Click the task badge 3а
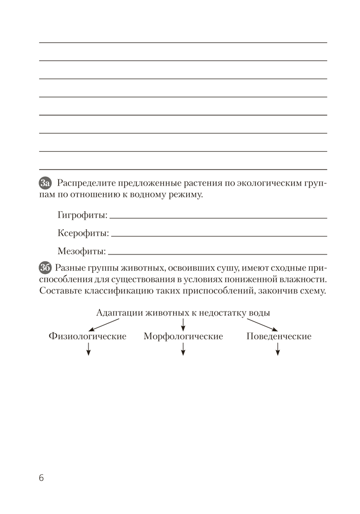[45, 183]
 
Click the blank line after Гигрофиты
[218, 217]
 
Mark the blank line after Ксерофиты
[219, 235]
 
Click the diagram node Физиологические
[88, 337]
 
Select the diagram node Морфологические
[183, 337]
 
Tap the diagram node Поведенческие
[279, 337]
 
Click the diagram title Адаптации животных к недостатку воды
[183, 313]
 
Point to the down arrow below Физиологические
[88, 350]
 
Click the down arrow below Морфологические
[183, 350]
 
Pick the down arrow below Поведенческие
[278, 350]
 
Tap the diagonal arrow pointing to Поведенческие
[262, 325]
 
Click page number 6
[41, 478]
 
